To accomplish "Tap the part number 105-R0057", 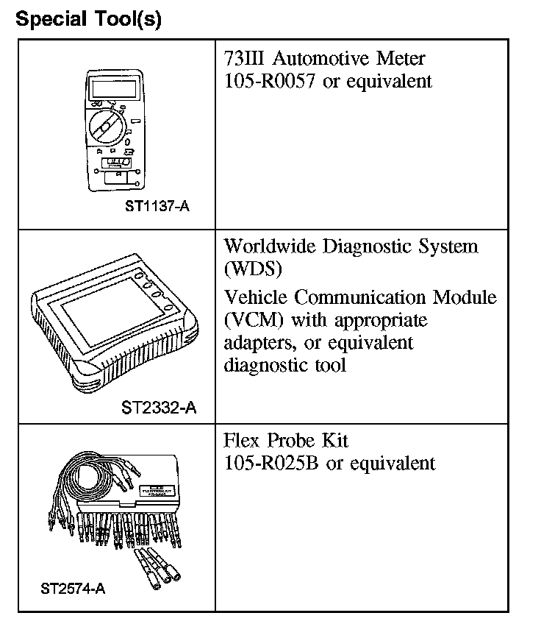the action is [x=271, y=81].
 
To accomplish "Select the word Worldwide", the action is [x=271, y=246].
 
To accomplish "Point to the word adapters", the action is [x=258, y=344].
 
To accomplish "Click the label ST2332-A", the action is [x=159, y=407].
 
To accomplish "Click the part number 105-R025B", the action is [x=271, y=464].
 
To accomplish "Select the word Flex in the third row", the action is [x=242, y=440].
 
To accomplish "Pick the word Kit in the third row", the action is [x=334, y=440].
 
